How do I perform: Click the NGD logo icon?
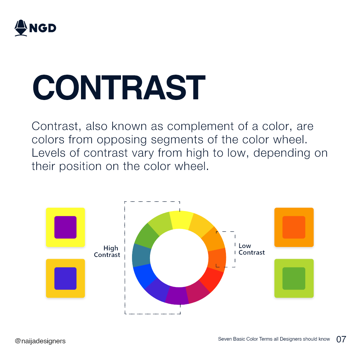tap(21, 28)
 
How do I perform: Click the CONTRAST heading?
tap(118, 88)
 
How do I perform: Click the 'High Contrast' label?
tap(107, 252)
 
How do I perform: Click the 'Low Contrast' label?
tap(251, 249)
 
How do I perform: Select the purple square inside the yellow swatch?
tap(65, 227)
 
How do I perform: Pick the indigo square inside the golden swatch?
tap(65, 278)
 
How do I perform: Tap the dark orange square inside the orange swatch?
tap(294, 227)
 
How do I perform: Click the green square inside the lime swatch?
tap(294, 278)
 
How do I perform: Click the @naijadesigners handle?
tap(40, 341)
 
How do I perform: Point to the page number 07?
tap(341, 339)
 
